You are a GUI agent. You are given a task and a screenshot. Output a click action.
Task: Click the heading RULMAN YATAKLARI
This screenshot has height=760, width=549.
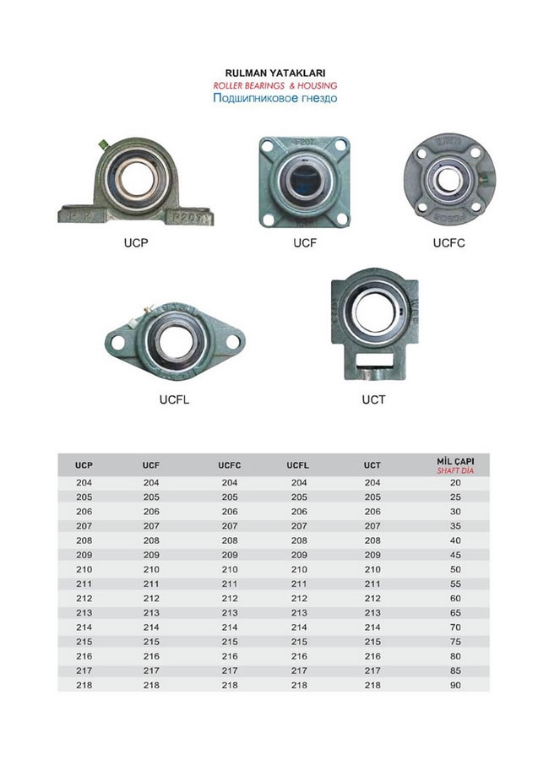pyautogui.click(x=275, y=73)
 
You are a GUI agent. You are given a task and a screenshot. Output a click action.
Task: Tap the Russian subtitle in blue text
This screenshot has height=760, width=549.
pyautogui.click(x=275, y=98)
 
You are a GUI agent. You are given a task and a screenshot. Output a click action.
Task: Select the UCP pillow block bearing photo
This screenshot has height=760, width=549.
pyautogui.click(x=135, y=182)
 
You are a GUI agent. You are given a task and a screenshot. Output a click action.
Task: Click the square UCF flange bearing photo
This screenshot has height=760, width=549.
pyautogui.click(x=305, y=182)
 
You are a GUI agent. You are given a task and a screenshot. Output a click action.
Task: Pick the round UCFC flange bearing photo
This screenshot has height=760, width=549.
pyautogui.click(x=449, y=179)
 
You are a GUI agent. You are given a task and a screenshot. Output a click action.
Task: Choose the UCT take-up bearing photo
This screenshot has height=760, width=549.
pyautogui.click(x=374, y=323)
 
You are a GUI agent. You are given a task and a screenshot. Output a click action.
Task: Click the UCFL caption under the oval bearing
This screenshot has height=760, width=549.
pyautogui.click(x=174, y=399)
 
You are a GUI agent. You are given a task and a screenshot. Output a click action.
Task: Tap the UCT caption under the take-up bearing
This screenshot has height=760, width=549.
pyautogui.click(x=373, y=399)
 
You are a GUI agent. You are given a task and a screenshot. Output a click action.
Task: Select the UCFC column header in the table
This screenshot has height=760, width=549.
pyautogui.click(x=230, y=465)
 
